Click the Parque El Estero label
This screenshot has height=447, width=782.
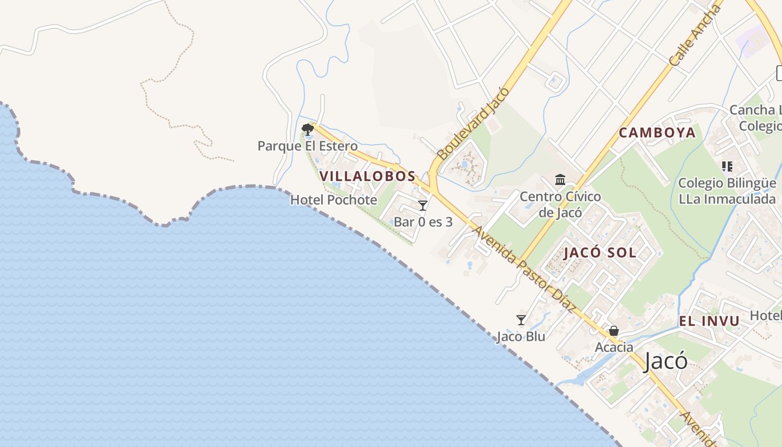click(307, 146)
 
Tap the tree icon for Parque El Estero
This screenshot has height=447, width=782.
click(307, 130)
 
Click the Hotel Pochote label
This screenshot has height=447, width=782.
click(333, 200)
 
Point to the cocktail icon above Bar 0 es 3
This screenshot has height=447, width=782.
click(423, 206)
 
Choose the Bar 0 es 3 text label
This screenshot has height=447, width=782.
click(423, 222)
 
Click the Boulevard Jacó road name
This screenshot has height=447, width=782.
click(473, 124)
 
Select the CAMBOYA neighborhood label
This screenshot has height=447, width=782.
click(657, 133)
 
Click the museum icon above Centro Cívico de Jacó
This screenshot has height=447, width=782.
click(560, 180)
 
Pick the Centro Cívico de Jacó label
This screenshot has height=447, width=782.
click(560, 205)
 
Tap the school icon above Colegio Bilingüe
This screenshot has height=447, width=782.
click(727, 167)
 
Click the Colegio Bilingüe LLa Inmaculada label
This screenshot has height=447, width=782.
click(727, 191)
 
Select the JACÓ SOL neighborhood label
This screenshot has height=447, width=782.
click(600, 253)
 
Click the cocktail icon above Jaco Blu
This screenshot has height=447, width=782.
click(521, 320)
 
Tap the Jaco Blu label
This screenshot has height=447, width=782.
click(521, 336)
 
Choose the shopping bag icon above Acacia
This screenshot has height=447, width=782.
click(614, 331)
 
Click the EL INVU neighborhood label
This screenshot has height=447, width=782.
click(709, 321)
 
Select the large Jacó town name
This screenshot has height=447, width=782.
click(665, 362)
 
